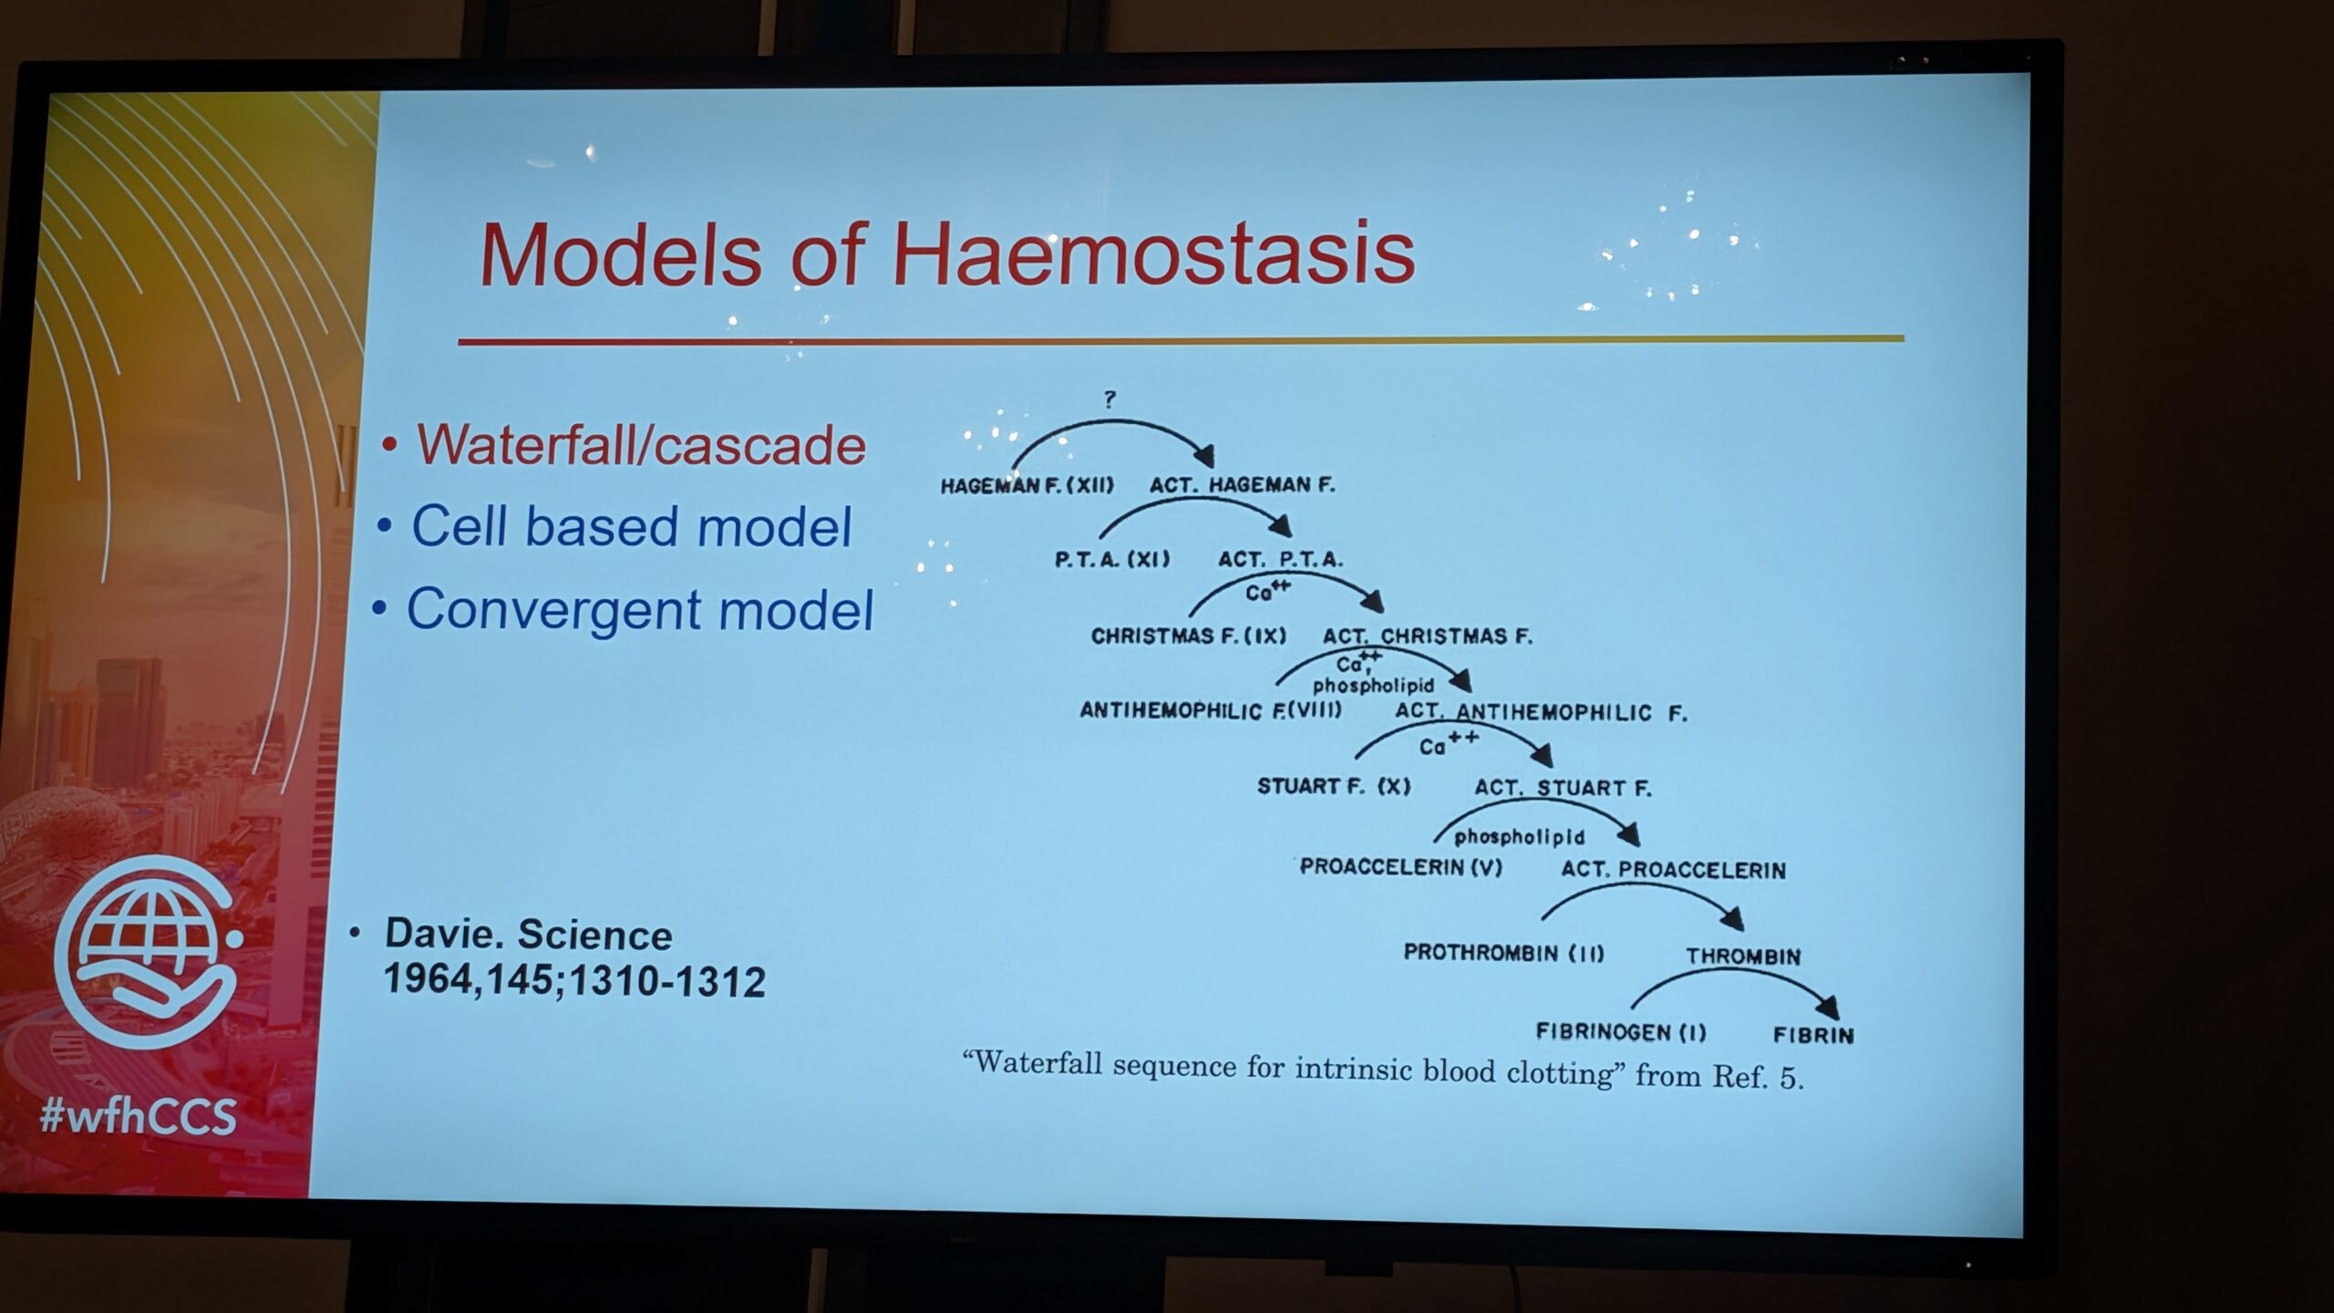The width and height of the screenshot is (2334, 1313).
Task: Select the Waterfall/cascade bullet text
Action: pos(641,446)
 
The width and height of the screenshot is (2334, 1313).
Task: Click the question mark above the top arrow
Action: pos(1109,399)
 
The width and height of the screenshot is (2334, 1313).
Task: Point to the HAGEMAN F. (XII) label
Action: pos(1028,485)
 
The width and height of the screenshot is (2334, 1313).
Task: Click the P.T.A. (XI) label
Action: pos(1112,558)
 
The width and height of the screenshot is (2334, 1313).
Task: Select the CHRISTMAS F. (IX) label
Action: pos(1189,636)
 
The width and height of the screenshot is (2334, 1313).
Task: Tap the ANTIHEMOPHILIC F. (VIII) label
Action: pos(1211,710)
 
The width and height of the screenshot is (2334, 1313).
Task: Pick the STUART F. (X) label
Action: pos(1334,786)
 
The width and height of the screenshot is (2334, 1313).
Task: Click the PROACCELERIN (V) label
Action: pos(1400,866)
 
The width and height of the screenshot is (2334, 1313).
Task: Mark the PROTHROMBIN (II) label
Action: pos(1503,953)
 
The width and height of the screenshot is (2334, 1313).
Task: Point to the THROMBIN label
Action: pos(1743,956)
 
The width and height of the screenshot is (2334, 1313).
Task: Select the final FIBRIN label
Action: pos(1813,1035)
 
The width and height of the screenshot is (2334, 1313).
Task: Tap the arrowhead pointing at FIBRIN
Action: pos(1827,1007)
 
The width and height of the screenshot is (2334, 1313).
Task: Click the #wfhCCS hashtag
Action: pos(138,1116)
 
